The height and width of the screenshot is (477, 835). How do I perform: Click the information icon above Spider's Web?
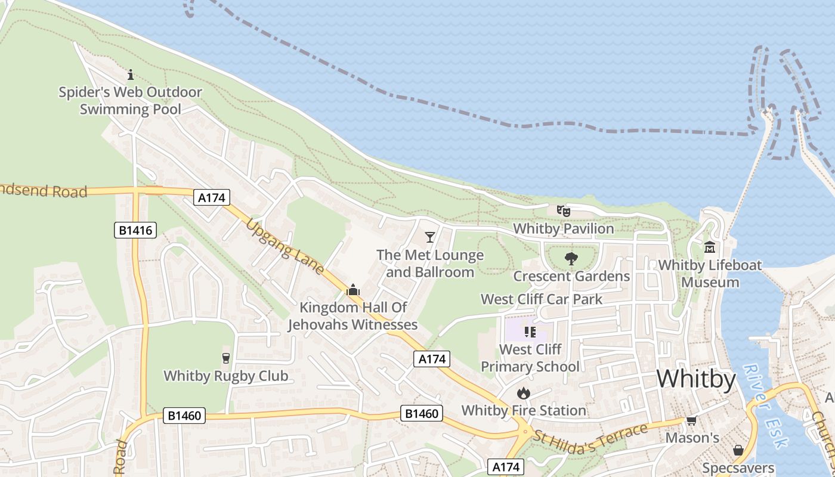click(131, 75)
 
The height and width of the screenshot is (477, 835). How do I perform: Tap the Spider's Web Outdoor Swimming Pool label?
click(130, 101)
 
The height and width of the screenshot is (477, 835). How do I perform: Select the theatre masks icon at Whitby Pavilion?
click(564, 210)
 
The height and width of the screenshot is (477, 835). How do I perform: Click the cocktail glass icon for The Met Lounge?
click(429, 238)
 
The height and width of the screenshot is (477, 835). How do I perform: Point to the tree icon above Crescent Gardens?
click(571, 259)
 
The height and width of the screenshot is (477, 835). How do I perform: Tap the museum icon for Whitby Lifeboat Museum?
click(710, 247)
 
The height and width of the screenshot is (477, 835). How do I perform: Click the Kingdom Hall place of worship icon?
click(353, 290)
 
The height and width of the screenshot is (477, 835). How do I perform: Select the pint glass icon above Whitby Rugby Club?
click(226, 358)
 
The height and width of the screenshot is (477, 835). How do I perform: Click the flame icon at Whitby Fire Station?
click(524, 393)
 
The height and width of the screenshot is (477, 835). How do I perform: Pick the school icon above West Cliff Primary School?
click(530, 332)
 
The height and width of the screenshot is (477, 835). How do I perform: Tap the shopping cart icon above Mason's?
click(692, 421)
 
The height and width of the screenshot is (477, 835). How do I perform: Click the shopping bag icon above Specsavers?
click(738, 450)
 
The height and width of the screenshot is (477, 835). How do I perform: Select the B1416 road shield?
click(135, 230)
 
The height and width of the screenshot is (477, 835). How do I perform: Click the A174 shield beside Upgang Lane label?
click(212, 197)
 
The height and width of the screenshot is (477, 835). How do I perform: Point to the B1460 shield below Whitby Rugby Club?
click(185, 416)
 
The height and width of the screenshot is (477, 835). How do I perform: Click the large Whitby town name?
click(696, 379)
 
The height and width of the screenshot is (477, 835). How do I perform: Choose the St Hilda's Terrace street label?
click(590, 435)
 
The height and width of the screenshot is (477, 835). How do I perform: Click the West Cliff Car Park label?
click(542, 299)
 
